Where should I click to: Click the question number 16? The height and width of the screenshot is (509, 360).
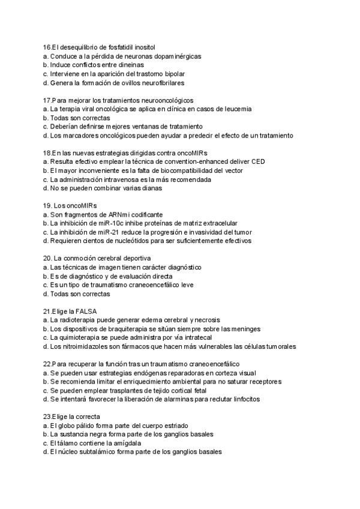point(47,47)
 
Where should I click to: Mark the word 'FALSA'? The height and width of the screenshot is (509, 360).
point(85,311)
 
